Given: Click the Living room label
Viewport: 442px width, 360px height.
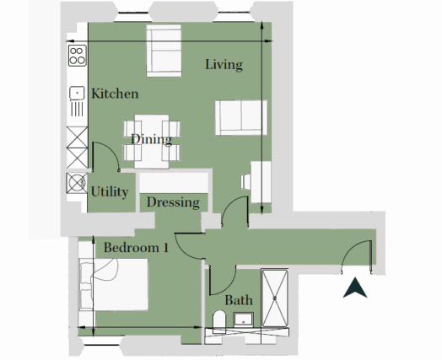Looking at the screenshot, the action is (x=224, y=65).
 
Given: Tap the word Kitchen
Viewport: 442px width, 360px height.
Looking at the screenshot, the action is (x=115, y=94).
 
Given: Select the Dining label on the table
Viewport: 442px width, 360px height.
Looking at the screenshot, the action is (x=152, y=140).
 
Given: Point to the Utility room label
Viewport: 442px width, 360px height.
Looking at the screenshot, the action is (x=110, y=192).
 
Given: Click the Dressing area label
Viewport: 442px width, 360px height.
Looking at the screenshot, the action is (x=173, y=202).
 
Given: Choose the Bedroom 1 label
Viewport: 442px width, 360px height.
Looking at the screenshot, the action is (x=136, y=248).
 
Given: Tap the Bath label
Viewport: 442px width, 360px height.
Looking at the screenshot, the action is (x=239, y=300).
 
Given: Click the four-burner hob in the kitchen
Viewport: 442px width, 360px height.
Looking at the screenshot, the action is (x=78, y=56).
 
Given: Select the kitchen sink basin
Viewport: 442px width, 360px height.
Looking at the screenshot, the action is (x=77, y=93).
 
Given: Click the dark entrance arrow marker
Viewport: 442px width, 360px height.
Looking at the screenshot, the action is (x=355, y=287).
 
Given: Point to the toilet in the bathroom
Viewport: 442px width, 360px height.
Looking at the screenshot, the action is (x=219, y=322).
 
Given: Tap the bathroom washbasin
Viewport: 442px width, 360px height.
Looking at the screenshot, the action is (x=243, y=320).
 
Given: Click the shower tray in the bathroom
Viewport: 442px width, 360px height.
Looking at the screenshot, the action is (x=274, y=298).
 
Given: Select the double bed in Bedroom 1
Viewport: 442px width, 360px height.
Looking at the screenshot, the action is (x=113, y=284).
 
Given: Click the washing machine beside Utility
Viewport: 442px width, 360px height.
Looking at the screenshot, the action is (x=77, y=183).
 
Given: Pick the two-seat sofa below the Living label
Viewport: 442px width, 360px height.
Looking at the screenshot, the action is (x=241, y=118).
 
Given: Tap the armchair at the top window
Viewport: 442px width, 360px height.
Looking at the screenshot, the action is (x=164, y=51).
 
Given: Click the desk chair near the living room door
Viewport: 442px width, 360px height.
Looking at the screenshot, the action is (x=245, y=181).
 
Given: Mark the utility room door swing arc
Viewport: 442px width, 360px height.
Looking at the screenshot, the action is (x=110, y=151).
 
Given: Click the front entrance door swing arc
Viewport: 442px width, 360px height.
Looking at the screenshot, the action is (x=351, y=249).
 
